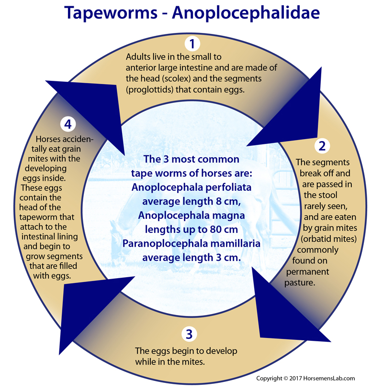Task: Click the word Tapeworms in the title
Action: [x=111, y=13]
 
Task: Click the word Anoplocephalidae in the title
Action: [x=246, y=13]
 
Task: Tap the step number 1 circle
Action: [x=192, y=43]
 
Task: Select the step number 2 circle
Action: [x=322, y=146]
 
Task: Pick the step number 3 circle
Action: [x=189, y=334]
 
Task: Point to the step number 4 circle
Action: [x=68, y=124]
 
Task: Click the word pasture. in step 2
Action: [x=300, y=283]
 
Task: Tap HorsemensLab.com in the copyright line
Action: [x=329, y=378]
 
